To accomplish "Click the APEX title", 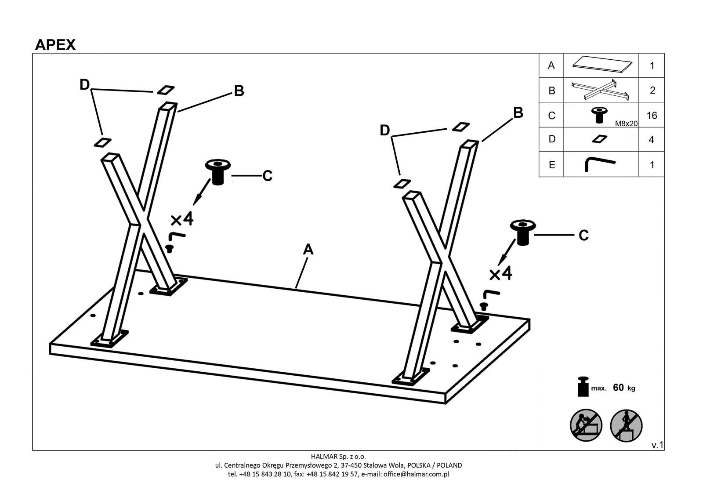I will coord(55,45).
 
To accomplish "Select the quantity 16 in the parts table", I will coord(652,116).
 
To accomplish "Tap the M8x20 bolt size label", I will coord(626,124).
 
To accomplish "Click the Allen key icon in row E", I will coord(599,164).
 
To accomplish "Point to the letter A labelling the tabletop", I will coord(308,250).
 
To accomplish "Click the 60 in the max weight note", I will coord(618,388).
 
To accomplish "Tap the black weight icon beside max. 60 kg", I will coord(583,386).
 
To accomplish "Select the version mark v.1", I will coord(657,445).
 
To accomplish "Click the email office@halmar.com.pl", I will coord(416,474).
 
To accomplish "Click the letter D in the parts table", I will coord(552,139).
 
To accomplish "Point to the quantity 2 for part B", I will coord(652,91).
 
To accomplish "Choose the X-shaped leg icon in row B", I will coord(600,90).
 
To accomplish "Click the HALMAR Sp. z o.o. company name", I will coord(338,456).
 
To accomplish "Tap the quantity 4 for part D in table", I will coord(652,140).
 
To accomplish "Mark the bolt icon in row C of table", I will coord(598,114).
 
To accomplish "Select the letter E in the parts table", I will coord(552,165).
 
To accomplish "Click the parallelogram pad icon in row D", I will coord(599,139).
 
